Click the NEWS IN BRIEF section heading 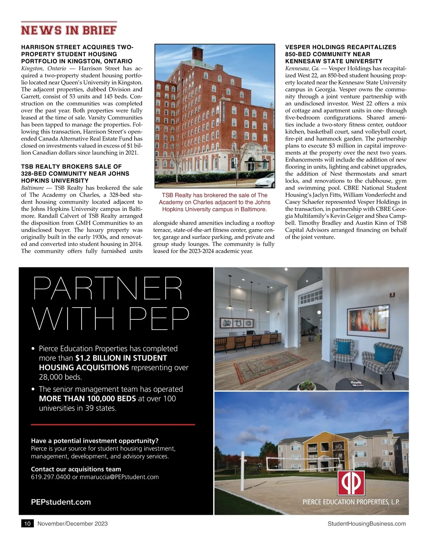pyautogui.click(x=69, y=30)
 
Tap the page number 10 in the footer pyautogui.click(x=27, y=523)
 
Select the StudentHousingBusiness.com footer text pyautogui.click(x=367, y=523)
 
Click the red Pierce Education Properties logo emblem pyautogui.click(x=351, y=483)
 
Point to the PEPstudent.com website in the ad pyautogui.click(x=61, y=502)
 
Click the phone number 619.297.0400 pyautogui.click(x=51, y=477)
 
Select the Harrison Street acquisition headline pyautogui.click(x=77, y=54)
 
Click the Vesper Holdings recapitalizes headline pyautogui.click(x=341, y=54)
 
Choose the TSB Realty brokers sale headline pyautogui.click(x=75, y=174)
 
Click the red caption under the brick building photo pyautogui.click(x=215, y=202)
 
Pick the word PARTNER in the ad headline pyautogui.click(x=108, y=288)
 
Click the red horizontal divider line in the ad pyautogui.click(x=113, y=425)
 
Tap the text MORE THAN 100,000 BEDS pyautogui.click(x=88, y=399)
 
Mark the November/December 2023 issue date pyautogui.click(x=73, y=523)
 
